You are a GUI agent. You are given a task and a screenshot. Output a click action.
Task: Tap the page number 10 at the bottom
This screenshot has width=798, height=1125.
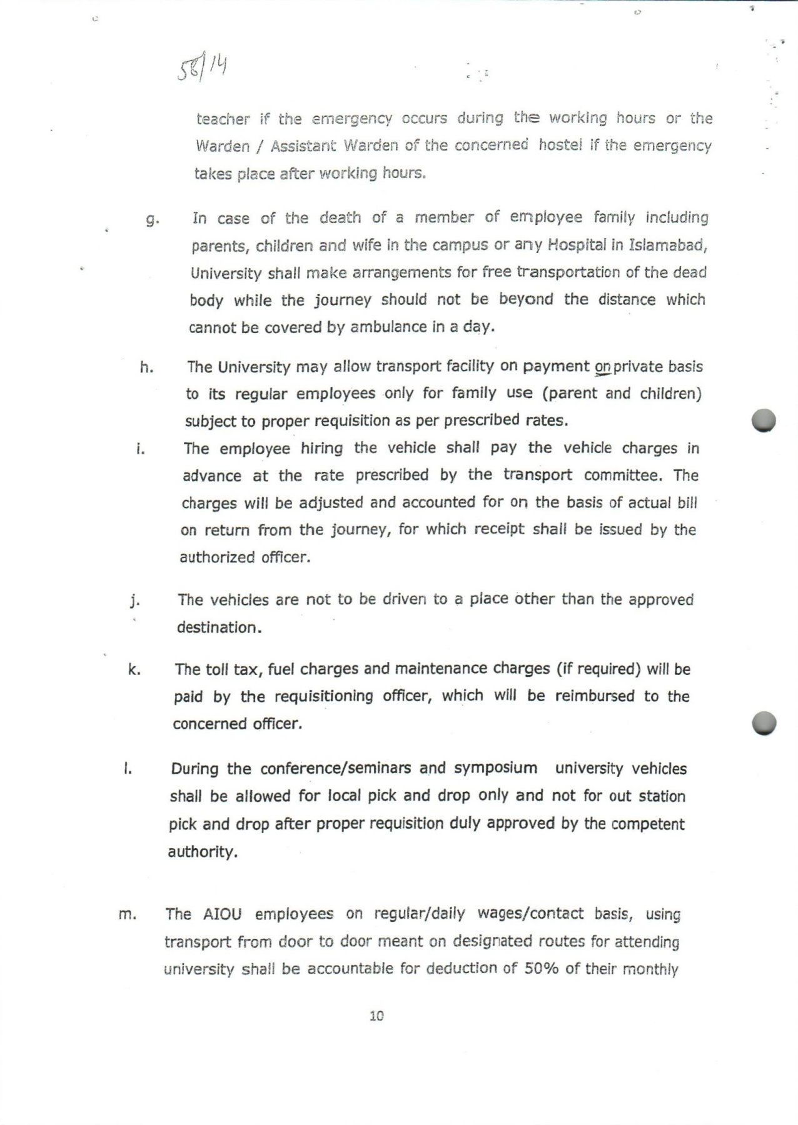[376, 1016]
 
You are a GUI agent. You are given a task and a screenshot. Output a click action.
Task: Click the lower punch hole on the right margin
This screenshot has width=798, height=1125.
[764, 723]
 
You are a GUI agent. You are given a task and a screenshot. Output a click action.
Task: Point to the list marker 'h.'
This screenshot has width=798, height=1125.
[147, 367]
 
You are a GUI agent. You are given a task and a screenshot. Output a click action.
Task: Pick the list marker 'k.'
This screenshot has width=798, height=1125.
[134, 670]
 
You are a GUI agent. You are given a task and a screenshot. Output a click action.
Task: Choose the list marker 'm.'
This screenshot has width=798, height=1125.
[128, 915]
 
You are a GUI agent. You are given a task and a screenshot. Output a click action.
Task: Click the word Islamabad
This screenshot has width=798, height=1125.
[670, 245]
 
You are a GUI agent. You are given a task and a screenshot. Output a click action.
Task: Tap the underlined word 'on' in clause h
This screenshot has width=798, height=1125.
[602, 367]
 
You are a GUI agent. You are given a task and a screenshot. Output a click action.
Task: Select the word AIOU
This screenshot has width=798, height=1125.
[222, 914]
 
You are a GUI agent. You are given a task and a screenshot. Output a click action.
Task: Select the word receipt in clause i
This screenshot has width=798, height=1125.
[499, 529]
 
